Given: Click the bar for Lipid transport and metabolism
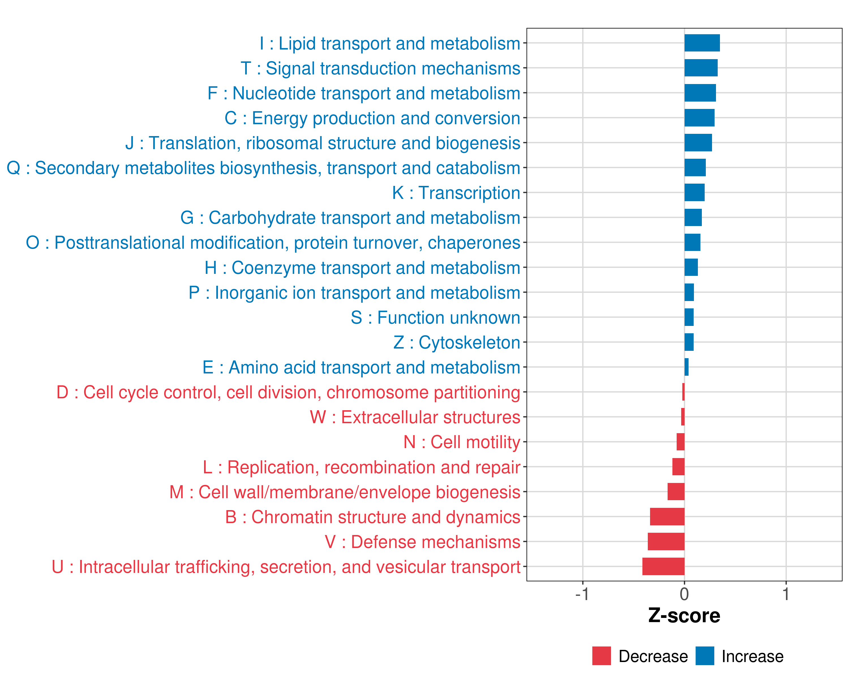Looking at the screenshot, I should tap(702, 43).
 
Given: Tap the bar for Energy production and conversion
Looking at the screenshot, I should tap(699, 118).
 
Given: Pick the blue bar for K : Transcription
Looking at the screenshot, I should tap(694, 192).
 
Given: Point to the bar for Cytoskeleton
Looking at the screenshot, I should tap(689, 342).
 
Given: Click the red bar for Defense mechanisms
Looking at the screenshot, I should tap(666, 541).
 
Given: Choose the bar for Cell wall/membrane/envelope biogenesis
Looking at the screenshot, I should tap(676, 492).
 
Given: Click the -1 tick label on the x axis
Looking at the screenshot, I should tap(582, 594).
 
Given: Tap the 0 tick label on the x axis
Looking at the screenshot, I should tap(684, 594).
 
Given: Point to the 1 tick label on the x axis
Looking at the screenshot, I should tap(786, 594).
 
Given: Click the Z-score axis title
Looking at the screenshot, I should tap(684, 616).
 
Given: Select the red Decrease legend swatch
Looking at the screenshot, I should tap(601, 656).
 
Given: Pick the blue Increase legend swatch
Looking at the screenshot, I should tap(704, 656).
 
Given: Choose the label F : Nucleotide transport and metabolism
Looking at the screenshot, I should tap(363, 93).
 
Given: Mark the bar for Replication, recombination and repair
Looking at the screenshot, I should tap(678, 467).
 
